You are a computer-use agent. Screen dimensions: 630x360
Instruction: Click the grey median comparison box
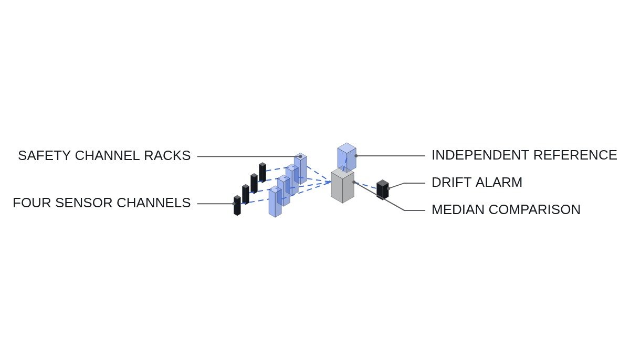[x=342, y=186]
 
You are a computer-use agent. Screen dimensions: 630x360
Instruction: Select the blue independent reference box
[x=347, y=157]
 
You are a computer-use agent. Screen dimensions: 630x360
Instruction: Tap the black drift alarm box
[x=383, y=189]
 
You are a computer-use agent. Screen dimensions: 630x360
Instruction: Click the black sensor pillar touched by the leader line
[x=237, y=205]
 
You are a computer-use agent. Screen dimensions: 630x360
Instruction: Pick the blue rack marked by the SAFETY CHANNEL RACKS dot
[x=300, y=168]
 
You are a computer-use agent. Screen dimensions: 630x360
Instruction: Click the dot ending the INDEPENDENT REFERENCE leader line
[x=356, y=156]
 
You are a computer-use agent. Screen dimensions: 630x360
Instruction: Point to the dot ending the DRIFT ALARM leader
[x=388, y=188]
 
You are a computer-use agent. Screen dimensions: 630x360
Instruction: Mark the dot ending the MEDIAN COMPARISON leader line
[x=354, y=182]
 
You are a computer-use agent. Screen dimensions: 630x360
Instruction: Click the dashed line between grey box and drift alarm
[x=365, y=185]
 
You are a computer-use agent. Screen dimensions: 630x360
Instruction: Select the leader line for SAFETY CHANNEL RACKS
[x=249, y=156]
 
